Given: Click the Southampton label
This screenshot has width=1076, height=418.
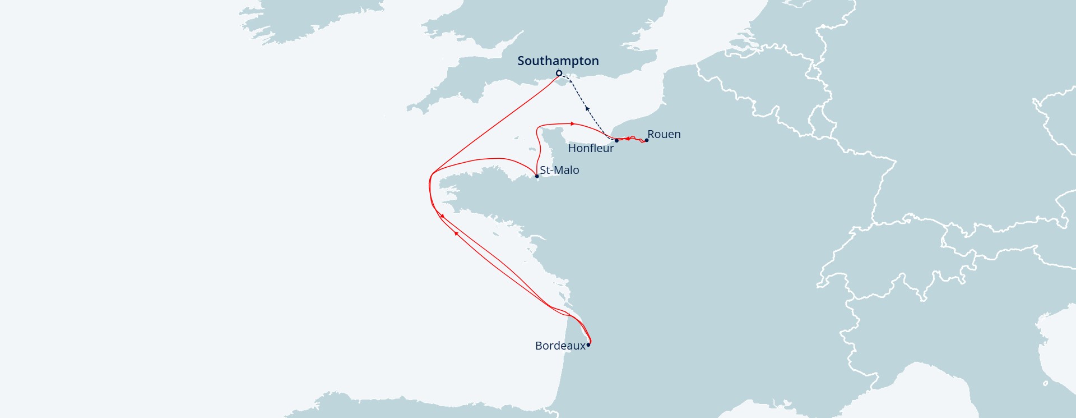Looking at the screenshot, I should [558, 61].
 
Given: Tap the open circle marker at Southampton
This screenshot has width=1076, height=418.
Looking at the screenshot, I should [559, 74].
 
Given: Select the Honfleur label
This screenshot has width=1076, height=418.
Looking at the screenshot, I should [591, 148].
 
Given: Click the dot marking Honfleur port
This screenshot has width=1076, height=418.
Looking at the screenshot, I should [616, 140].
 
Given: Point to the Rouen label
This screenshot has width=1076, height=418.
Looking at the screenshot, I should [664, 134].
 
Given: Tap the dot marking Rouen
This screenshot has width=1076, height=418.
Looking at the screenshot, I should [646, 140].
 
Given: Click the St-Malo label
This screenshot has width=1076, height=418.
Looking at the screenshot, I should [559, 170].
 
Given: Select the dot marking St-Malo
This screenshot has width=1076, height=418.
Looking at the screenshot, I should [536, 176].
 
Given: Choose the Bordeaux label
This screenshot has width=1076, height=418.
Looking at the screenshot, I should [560, 346].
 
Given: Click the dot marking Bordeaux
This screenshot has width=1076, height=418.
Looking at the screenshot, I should [588, 344].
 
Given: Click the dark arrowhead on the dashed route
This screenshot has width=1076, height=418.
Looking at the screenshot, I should [587, 107].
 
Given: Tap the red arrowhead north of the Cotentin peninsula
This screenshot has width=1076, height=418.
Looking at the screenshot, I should [572, 123].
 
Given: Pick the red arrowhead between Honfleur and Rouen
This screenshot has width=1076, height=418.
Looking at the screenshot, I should [627, 139].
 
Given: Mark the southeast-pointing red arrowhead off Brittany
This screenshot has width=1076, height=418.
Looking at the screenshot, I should [443, 216].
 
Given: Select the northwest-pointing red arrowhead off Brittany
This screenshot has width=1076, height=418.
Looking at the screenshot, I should [456, 233].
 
